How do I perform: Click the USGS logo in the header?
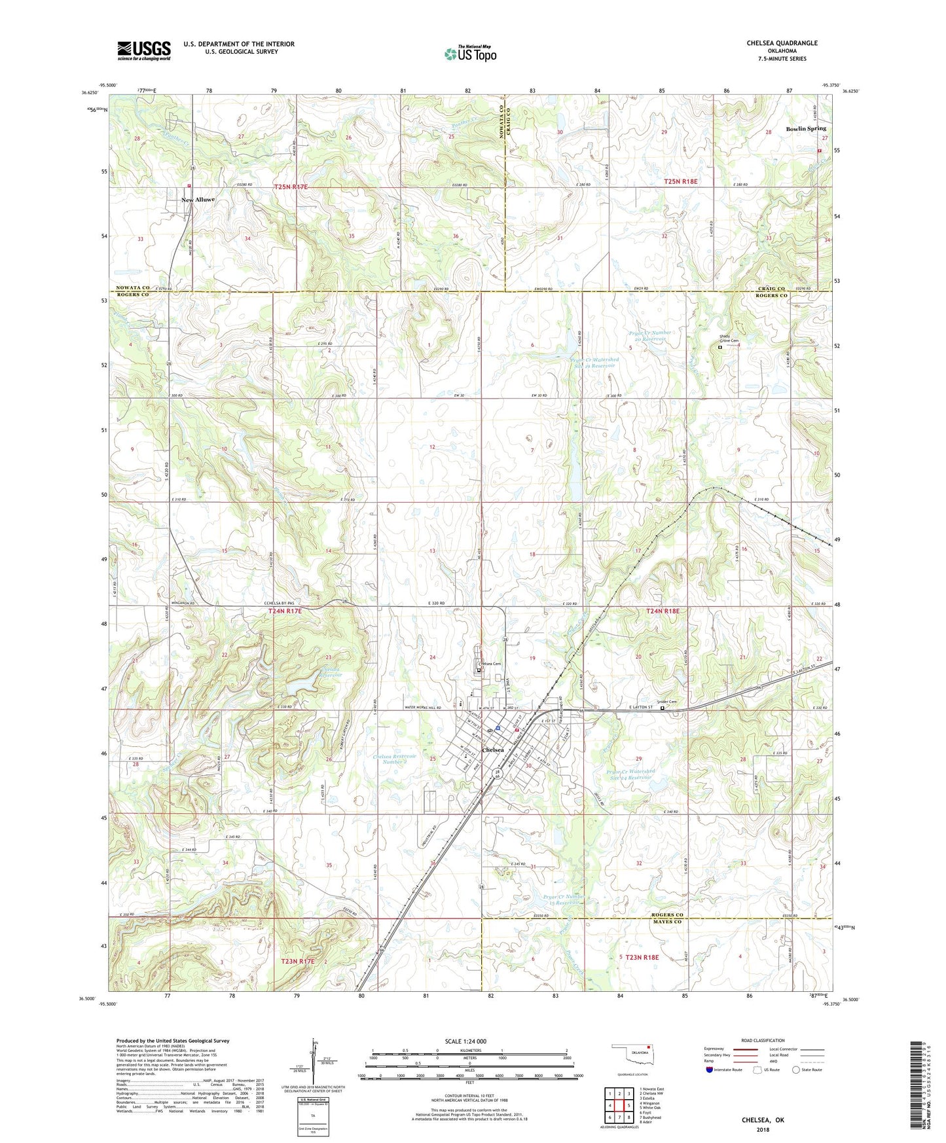(144, 50)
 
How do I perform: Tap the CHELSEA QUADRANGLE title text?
(782, 43)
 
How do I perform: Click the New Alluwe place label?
(198, 200)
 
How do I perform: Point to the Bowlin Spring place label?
(807, 129)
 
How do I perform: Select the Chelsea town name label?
(493, 750)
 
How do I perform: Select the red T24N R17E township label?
(285, 611)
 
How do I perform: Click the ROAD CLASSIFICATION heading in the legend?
(763, 1040)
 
